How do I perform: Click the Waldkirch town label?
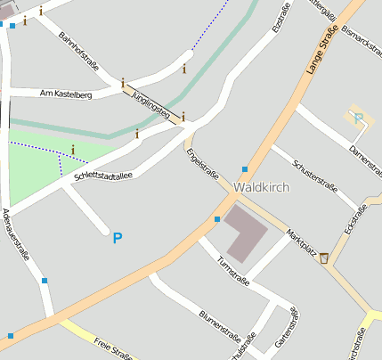(x=260, y=188)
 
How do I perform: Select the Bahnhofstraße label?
(x=78, y=52)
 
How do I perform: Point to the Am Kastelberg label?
(x=66, y=94)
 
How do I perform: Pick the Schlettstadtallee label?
(x=102, y=176)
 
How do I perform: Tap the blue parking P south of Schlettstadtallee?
(x=117, y=238)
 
